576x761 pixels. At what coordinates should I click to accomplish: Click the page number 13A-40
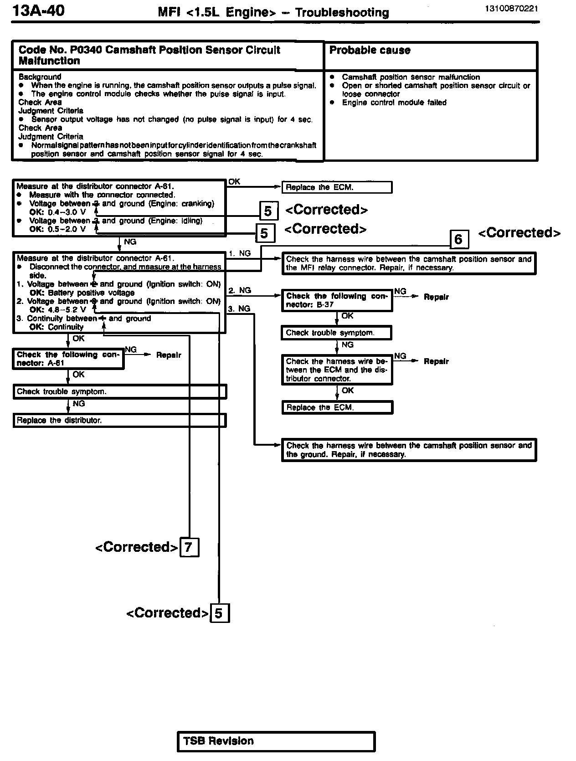click(x=38, y=10)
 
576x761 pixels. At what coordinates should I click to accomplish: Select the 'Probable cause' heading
click(x=370, y=51)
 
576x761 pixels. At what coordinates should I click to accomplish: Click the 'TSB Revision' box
click(x=276, y=741)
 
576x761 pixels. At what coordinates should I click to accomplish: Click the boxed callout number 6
click(x=459, y=239)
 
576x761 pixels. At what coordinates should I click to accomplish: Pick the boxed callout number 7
click(x=189, y=547)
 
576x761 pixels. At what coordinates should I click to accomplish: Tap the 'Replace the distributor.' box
click(x=119, y=420)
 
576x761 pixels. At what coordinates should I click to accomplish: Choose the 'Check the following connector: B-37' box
click(x=337, y=300)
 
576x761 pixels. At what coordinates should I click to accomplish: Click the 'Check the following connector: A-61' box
click(x=68, y=359)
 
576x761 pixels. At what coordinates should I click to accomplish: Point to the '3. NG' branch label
click(x=239, y=309)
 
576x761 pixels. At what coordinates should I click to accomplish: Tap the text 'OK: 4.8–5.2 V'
click(x=57, y=310)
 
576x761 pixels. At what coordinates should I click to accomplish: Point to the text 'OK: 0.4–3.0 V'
click(x=57, y=212)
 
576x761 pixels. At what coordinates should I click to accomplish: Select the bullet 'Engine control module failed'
click(x=394, y=103)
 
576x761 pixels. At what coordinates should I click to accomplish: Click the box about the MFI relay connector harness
click(x=409, y=263)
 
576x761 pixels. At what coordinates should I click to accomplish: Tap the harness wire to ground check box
click(x=409, y=450)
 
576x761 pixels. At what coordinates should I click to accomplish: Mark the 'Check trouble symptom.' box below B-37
click(x=336, y=333)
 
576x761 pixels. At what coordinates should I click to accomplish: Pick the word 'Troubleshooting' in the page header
click(x=342, y=12)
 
